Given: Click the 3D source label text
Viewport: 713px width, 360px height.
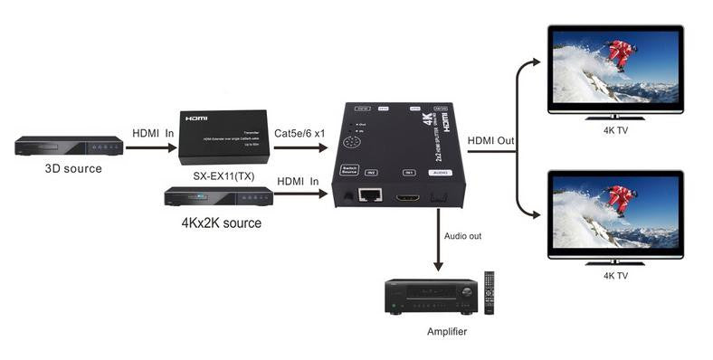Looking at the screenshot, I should pos(74,168).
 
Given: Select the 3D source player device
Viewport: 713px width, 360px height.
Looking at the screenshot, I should pos(69,146).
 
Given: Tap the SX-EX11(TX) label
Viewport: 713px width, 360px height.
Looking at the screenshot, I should pos(222,173).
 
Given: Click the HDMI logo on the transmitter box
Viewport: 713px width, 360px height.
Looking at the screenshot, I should pos(196,118).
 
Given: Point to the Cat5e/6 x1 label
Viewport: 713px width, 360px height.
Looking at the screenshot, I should pos(300,132).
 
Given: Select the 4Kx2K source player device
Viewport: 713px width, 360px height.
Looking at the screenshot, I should pos(218,196).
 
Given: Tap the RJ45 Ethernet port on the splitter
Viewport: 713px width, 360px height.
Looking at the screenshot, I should pos(370,194).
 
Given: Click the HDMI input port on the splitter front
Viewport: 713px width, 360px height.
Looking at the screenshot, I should pos(410,194).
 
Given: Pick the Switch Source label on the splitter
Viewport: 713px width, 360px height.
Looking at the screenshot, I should pos(349,169).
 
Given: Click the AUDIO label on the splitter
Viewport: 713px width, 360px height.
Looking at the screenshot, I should pos(441,171).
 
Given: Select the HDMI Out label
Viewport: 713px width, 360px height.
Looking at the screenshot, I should pos(491,140).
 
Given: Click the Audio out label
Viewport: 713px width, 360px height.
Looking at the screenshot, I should pos(463,236).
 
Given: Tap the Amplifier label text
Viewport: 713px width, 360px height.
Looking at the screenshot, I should pos(447,332).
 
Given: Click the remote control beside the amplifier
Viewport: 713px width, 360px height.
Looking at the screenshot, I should pos(490,292).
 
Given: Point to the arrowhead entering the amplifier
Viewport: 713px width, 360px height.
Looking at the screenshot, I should pos(439,266).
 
